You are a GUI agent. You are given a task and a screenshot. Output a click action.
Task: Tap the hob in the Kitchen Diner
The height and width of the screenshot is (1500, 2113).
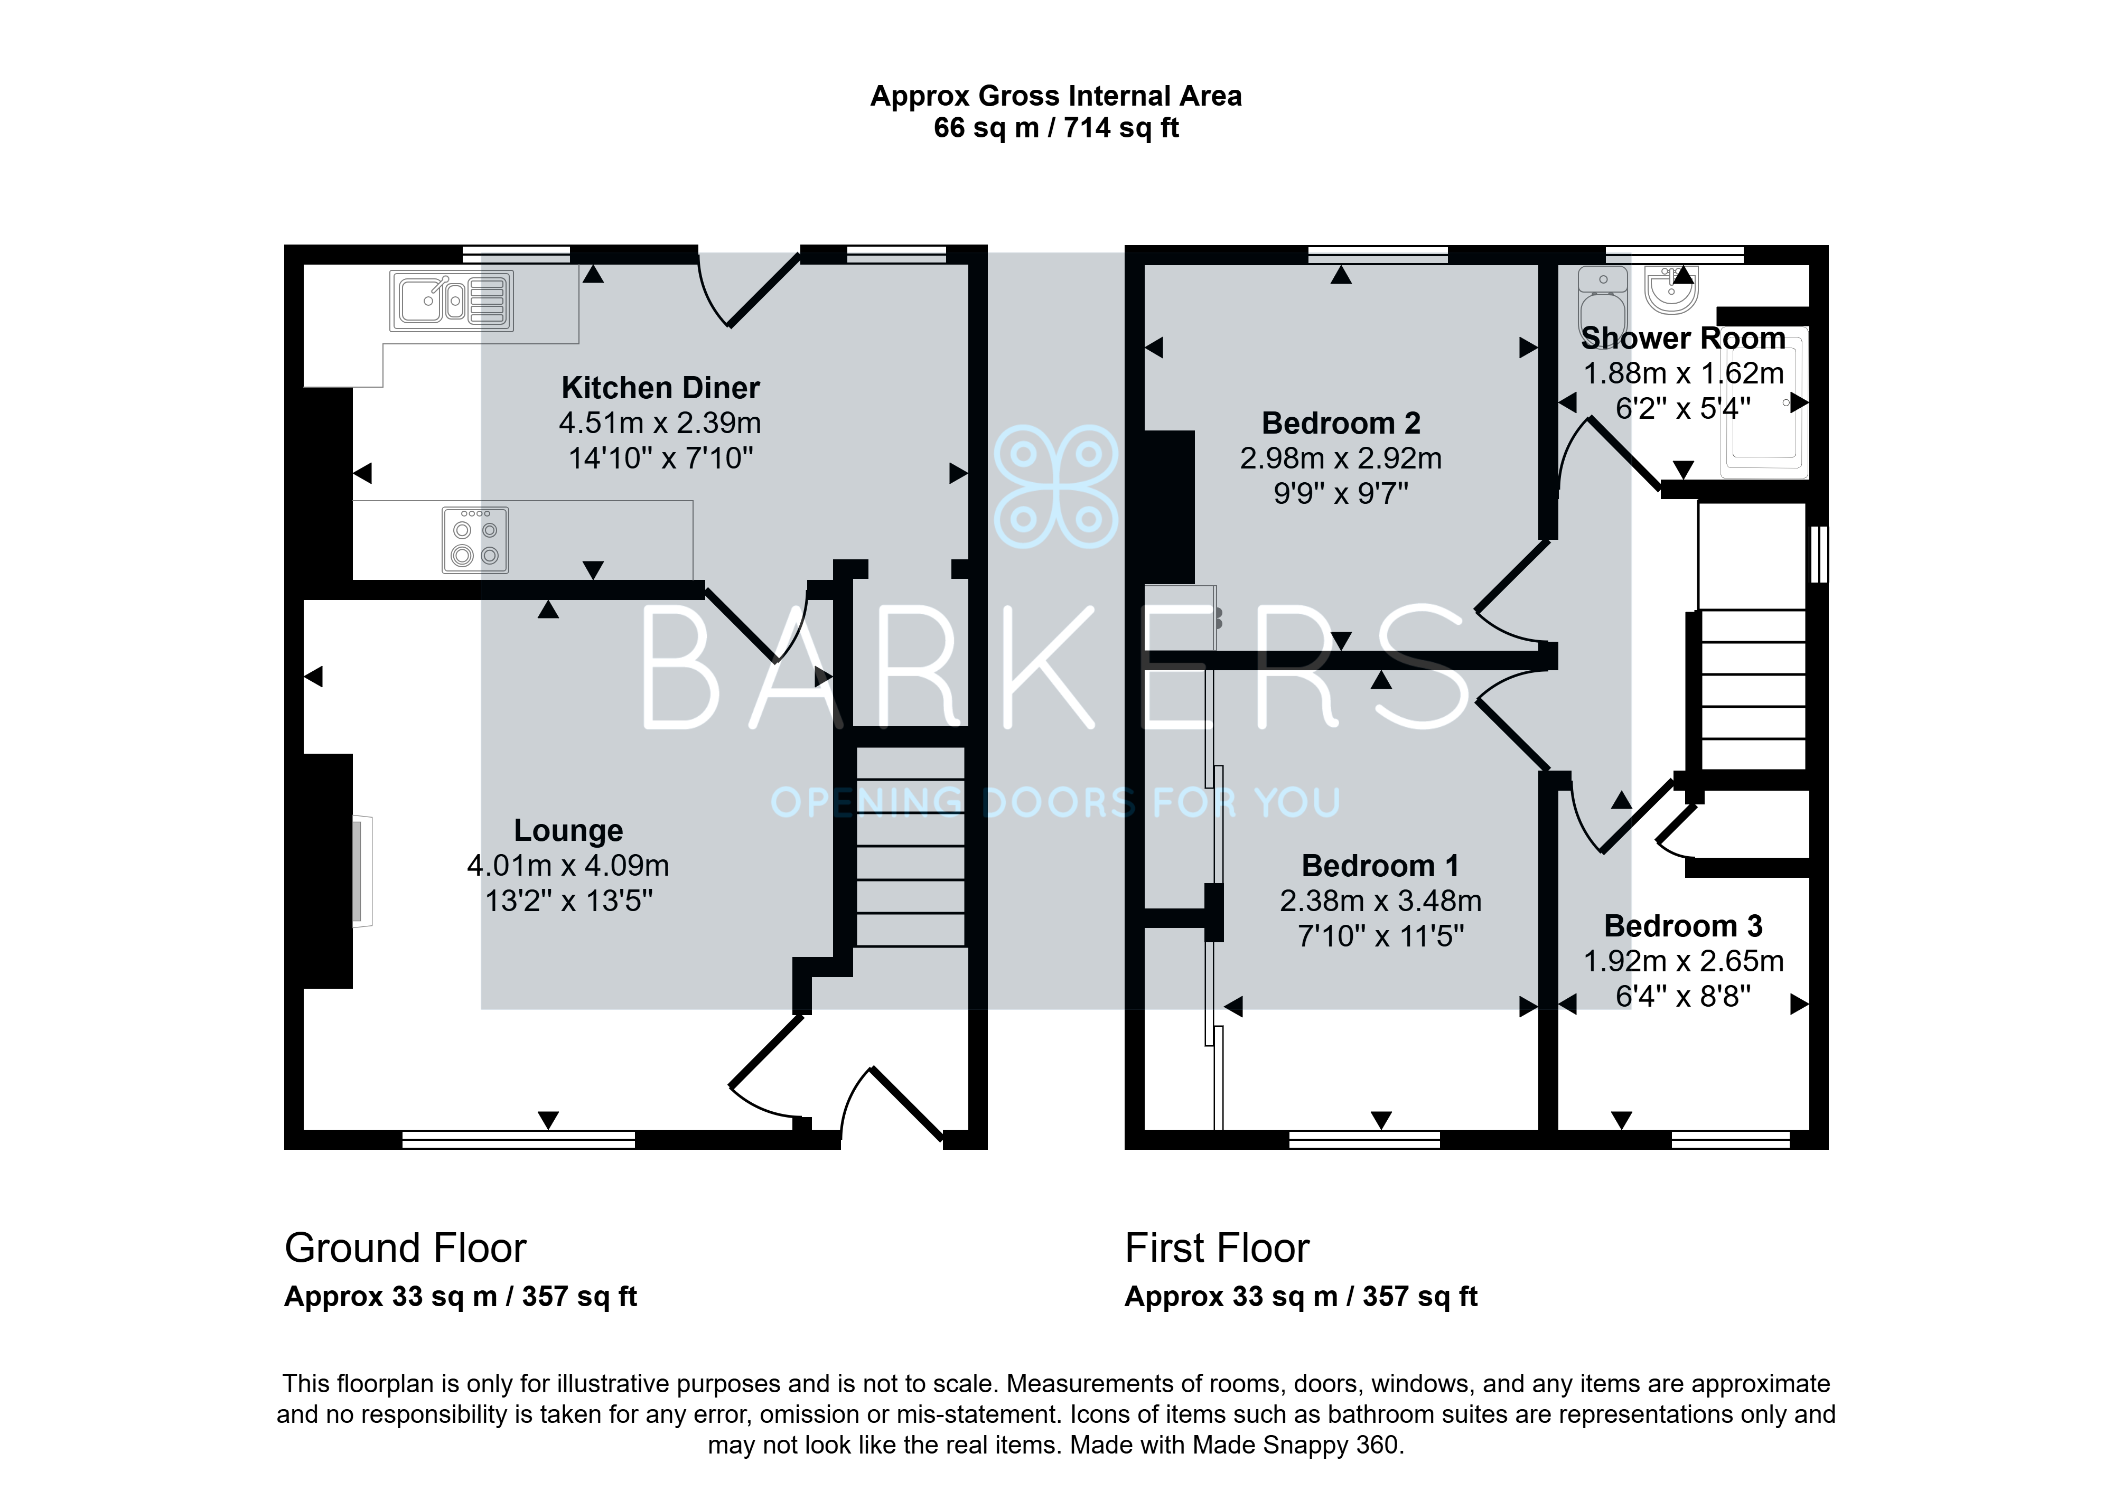pos(475,540)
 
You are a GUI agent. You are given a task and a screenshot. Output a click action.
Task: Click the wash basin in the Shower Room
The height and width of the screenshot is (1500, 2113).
pos(1671,289)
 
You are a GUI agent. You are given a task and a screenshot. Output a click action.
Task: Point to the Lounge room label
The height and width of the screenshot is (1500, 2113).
pos(568,830)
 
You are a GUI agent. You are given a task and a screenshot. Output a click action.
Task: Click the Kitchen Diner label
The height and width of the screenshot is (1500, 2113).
pos(660,388)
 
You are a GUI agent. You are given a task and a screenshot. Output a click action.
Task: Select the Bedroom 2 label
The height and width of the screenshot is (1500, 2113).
pos(1341,423)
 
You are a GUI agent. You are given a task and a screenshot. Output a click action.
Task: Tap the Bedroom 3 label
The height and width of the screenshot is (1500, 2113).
pos(1682,925)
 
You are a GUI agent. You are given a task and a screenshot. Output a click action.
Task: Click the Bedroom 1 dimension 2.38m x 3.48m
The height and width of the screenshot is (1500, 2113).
pos(1381,901)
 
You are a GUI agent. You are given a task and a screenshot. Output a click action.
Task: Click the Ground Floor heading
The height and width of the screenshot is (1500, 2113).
pos(405,1249)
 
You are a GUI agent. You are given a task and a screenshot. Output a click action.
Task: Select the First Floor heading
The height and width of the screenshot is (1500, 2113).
pos(1217,1249)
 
